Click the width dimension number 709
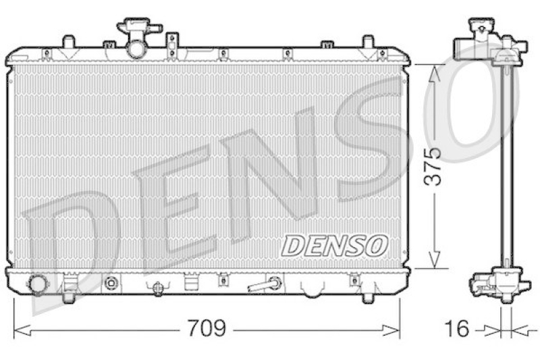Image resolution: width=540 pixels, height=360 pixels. [x=207, y=330]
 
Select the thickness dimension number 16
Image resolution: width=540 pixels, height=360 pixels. [x=457, y=330]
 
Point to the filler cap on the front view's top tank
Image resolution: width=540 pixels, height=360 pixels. [x=139, y=28]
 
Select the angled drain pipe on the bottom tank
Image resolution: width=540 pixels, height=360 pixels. [x=265, y=284]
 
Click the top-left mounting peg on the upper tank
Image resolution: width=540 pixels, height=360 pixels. [x=67, y=43]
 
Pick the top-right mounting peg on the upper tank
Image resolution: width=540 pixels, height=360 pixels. [x=367, y=43]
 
